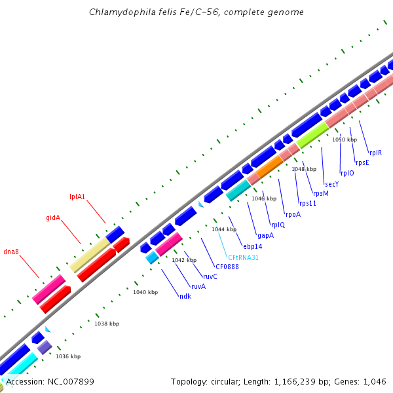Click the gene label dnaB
(11, 251)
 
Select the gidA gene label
(53, 217)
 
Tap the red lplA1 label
(78, 196)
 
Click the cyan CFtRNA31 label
(243, 257)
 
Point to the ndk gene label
(185, 296)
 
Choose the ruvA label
(198, 286)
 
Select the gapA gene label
(265, 235)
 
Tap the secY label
(331, 184)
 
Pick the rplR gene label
(375, 153)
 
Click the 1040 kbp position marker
(145, 292)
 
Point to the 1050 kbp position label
(345, 140)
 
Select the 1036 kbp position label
(68, 356)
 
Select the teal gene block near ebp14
(238, 190)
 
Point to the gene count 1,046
(373, 382)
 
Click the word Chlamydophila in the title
(119, 12)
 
